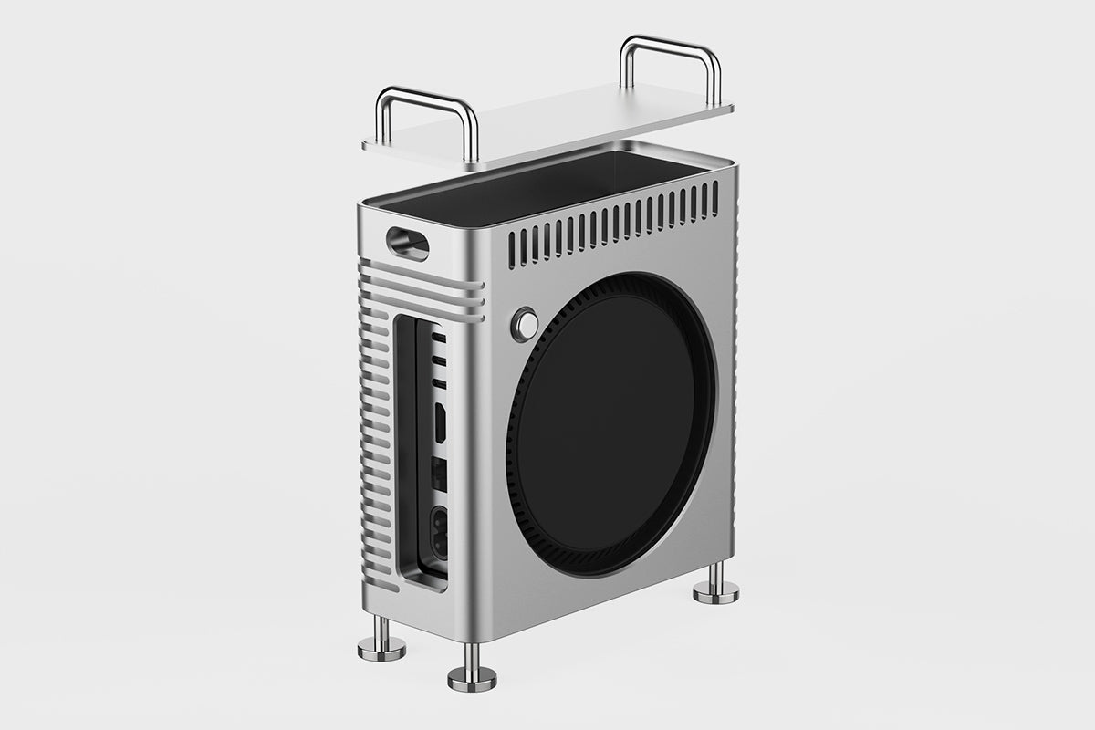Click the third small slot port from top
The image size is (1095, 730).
pos(439,376)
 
